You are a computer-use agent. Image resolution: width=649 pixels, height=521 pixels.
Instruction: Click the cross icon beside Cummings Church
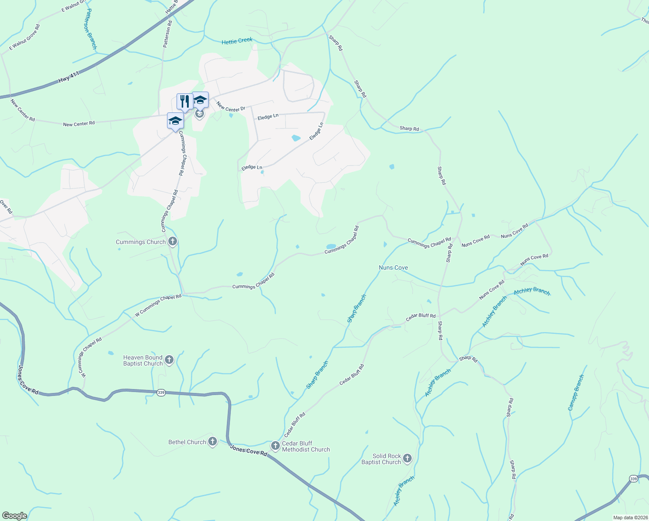coord(173,241)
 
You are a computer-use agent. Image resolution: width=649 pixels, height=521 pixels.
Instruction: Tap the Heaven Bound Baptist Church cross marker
coord(169,360)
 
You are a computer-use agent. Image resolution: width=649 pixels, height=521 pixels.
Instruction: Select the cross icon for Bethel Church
coord(212,442)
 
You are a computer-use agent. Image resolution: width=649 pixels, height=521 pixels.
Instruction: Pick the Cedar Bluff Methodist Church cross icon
coord(275,446)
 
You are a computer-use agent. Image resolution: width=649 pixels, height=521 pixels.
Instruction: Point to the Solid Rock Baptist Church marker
coord(407,458)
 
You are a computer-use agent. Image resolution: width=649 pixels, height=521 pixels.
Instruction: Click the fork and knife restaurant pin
coord(185,102)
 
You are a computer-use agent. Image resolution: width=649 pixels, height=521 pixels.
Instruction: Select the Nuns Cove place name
coord(393,267)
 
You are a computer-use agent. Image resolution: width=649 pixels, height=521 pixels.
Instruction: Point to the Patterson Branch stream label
coord(91,29)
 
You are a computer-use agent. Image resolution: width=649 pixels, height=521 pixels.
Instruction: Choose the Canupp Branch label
coord(576,393)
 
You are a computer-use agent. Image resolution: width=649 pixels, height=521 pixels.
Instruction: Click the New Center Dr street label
coord(231,106)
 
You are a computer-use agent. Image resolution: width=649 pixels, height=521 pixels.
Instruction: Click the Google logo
coord(14,516)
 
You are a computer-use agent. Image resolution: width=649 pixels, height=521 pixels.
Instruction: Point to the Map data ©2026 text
coord(630,518)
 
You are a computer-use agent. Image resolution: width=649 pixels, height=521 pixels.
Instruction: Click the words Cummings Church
coord(141,242)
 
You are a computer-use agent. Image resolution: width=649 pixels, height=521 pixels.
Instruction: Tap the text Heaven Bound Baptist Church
coord(143,360)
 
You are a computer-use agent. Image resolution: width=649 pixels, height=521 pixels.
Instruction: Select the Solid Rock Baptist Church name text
coord(381,459)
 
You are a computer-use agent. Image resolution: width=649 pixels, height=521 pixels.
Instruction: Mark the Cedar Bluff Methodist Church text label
coord(306,446)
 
